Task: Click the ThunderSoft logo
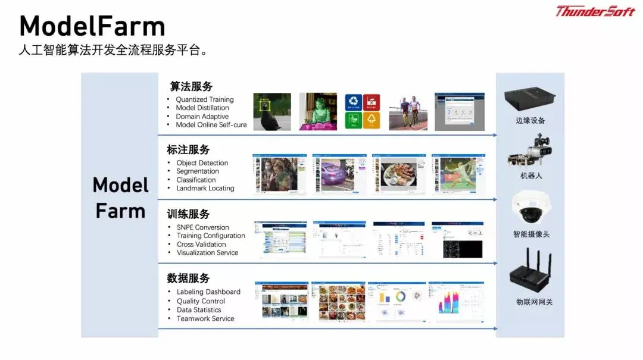click(595, 11)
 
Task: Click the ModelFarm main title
click(92, 27)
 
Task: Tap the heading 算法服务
click(191, 87)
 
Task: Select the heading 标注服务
click(188, 150)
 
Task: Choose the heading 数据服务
click(188, 278)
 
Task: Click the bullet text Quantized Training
click(205, 99)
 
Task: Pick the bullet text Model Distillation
click(202, 108)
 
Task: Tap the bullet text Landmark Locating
click(205, 189)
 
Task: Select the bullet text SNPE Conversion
click(202, 227)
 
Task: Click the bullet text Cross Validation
click(201, 245)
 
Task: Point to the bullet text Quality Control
click(201, 301)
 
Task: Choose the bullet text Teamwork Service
click(205, 319)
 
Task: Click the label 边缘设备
click(530, 121)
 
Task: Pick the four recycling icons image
click(363, 111)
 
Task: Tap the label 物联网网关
click(534, 302)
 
